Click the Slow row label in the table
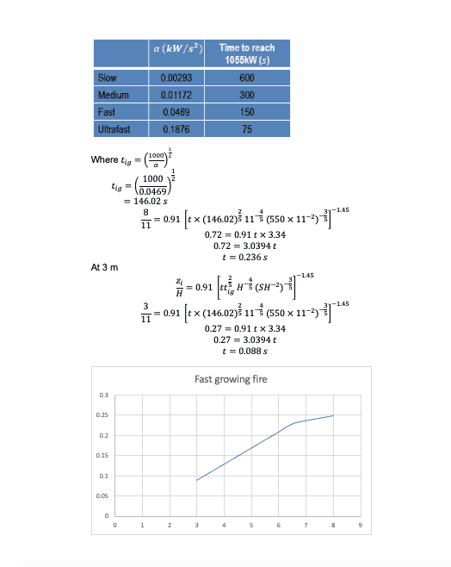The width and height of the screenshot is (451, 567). coord(108,78)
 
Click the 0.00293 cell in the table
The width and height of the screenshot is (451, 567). coord(176,78)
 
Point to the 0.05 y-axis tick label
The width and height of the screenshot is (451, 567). coord(102,495)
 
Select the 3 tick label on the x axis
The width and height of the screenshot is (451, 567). coord(196,523)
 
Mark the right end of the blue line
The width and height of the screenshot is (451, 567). coord(333,415)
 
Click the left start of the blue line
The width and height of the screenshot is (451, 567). coord(196,480)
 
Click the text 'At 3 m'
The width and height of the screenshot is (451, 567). coord(103,268)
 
